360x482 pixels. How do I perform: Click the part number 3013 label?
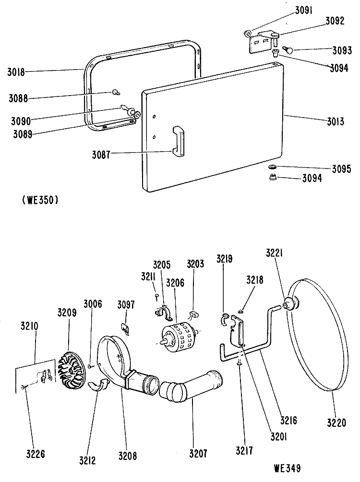336,122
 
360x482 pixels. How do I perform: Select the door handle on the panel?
178,142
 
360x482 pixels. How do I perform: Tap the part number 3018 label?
16,72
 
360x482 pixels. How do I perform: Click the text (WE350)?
40,200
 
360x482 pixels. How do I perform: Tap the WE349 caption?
287,468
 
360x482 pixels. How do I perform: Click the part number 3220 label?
336,423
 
